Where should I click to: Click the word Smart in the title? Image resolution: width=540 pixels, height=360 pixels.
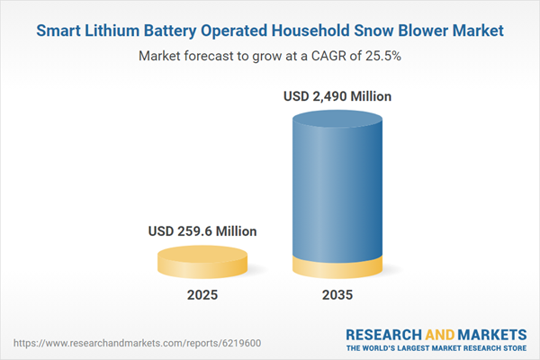coord(59,31)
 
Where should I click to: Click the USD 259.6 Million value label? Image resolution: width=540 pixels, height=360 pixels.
coord(202,231)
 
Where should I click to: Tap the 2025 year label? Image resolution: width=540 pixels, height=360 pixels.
coord(202,295)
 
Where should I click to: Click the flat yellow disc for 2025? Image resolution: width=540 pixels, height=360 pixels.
coord(202,263)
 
